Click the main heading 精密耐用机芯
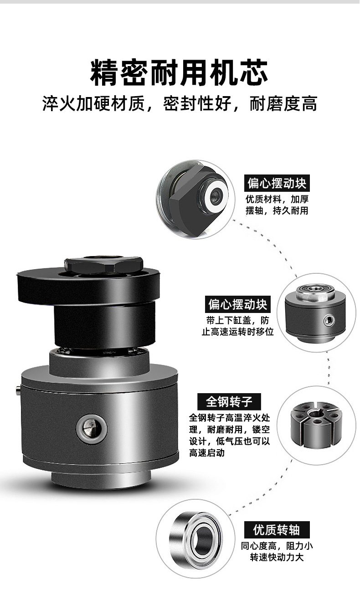(179, 72)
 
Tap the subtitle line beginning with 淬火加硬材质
(180, 103)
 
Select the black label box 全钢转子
(229, 402)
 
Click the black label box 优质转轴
(277, 530)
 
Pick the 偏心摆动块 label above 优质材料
(277, 184)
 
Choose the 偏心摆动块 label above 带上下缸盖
(238, 304)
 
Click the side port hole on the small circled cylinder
(329, 320)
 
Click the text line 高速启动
(206, 453)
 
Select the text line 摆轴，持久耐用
(277, 210)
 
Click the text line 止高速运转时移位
(238, 331)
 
